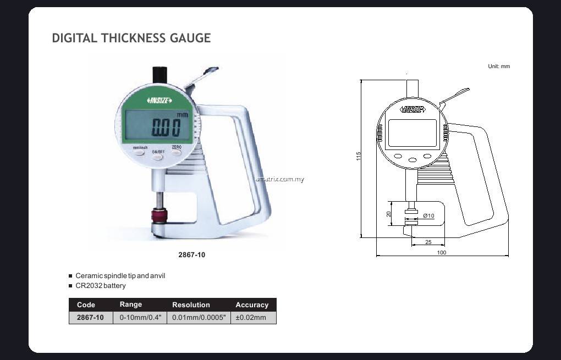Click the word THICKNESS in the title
pyautogui.click(x=133, y=38)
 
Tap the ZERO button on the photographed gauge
pyautogui.click(x=177, y=152)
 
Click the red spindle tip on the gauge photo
pyautogui.click(x=159, y=215)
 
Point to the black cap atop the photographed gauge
pyautogui.click(x=160, y=75)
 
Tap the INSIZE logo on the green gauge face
pyautogui.click(x=159, y=101)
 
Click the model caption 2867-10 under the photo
pyautogui.click(x=192, y=255)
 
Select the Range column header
pyautogui.click(x=130, y=304)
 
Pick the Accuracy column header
pyautogui.click(x=252, y=305)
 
